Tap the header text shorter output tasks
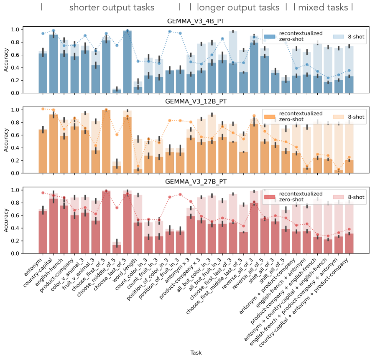click(112, 8)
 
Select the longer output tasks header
click(237, 8)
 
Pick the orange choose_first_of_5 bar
click(106, 141)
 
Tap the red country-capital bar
click(54, 226)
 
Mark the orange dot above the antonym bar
click(43, 109)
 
